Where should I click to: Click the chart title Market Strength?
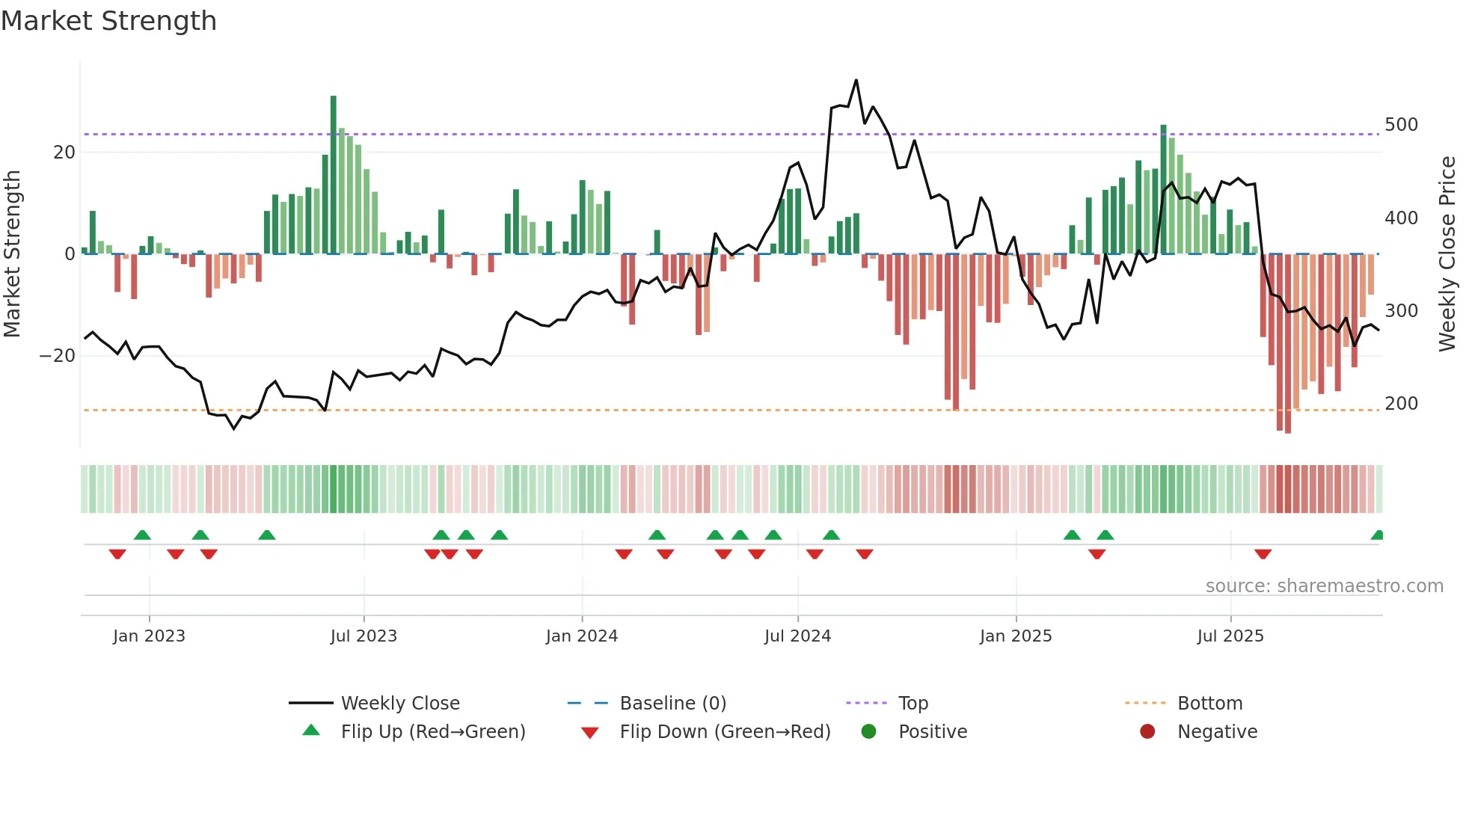(x=108, y=21)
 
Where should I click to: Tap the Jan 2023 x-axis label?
(x=149, y=636)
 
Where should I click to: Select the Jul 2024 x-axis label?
(x=797, y=636)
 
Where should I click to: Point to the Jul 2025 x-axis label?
(x=1230, y=636)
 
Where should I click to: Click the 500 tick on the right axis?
(x=1401, y=125)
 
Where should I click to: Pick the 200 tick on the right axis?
(x=1401, y=404)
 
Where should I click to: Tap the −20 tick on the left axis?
(x=58, y=356)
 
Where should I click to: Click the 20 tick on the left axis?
(x=64, y=153)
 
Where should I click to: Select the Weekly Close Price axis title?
(x=1447, y=254)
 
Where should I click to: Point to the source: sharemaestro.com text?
(x=1324, y=586)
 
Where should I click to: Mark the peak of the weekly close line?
(x=856, y=81)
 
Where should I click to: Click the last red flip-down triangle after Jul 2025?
(x=1263, y=554)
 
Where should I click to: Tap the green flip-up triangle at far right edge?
(x=1378, y=535)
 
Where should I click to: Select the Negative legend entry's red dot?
(x=1147, y=732)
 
